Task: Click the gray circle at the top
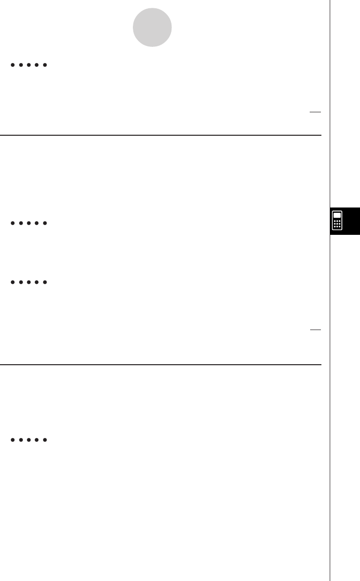(152, 28)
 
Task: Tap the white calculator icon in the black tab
(337, 221)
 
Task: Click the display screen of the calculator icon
(337, 215)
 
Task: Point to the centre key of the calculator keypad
(337, 224)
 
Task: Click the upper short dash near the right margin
(315, 112)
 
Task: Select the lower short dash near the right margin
(315, 330)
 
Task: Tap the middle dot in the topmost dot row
(28, 65)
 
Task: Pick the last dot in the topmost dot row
(44, 65)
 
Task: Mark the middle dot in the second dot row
(28, 223)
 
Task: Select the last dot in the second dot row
(44, 223)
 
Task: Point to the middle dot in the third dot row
(28, 282)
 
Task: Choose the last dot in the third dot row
(44, 282)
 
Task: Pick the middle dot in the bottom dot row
(28, 440)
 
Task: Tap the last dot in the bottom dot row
(44, 440)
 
